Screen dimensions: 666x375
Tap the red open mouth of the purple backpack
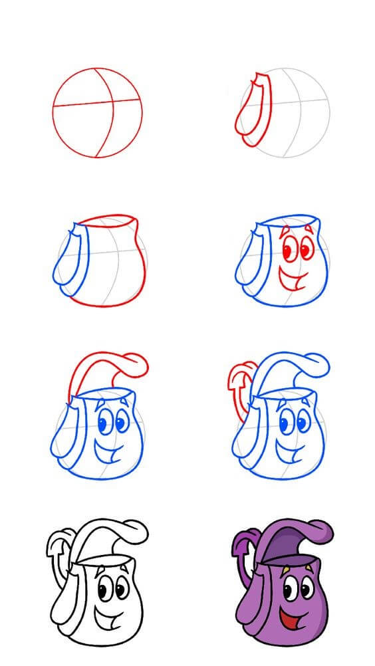point(288,619)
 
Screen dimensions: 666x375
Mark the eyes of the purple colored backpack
point(297,589)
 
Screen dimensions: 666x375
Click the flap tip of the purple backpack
point(323,530)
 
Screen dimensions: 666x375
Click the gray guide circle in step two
point(290,112)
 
